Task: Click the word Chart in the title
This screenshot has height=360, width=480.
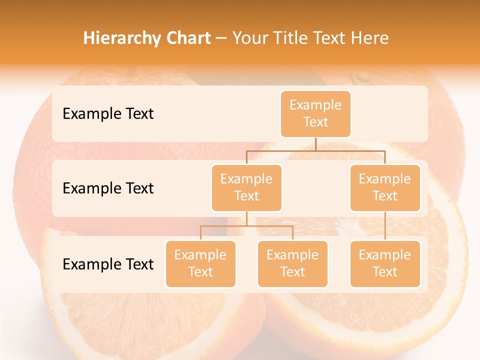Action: tap(186, 38)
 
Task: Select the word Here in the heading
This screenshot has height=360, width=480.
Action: tap(370, 38)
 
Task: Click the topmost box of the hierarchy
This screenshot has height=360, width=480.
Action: tap(315, 113)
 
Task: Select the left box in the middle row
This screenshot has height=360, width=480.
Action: tap(246, 187)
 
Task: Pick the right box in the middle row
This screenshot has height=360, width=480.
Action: tap(385, 187)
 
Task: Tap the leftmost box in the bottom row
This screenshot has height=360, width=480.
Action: tap(200, 263)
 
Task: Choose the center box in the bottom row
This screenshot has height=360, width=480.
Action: tap(292, 263)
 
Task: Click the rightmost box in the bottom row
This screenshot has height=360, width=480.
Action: tap(385, 263)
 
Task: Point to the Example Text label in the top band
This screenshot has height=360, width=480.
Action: tap(108, 113)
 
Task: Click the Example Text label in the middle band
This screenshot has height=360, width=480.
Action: tap(108, 188)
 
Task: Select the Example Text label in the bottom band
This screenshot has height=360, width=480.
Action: tap(108, 264)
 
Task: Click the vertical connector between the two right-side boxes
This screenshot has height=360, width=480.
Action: tap(385, 226)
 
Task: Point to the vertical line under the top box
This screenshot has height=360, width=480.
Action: tap(315, 144)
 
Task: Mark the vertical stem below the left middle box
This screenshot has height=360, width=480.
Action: tap(246, 218)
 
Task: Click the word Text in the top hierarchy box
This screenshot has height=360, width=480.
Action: tap(315, 122)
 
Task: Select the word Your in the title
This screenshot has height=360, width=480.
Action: tap(250, 38)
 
